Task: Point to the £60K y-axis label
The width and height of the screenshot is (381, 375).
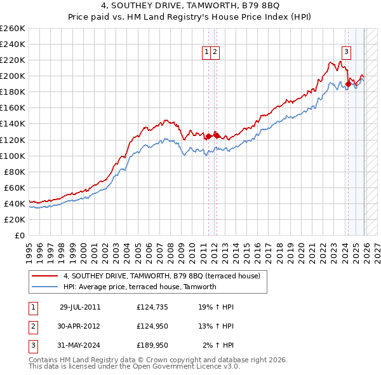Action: click(x=15, y=187)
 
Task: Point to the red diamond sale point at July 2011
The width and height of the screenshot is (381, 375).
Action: click(x=208, y=136)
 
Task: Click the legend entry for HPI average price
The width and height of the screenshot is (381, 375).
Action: click(x=140, y=287)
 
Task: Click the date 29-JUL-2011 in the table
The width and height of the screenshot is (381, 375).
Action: click(x=80, y=306)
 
